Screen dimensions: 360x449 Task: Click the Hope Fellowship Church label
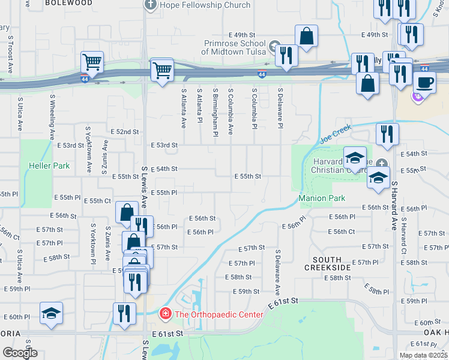[205, 5]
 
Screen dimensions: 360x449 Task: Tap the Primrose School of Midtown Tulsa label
[233, 47]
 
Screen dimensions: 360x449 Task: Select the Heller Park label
[49, 166]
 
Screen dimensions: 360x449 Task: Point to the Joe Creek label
[334, 137]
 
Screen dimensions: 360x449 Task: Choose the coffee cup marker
[424, 82]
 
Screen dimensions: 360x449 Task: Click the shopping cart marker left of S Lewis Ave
[92, 61]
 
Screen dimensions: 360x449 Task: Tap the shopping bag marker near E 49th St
[307, 35]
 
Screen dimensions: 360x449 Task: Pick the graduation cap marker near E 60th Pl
[51, 313]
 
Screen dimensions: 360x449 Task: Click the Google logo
[20, 353]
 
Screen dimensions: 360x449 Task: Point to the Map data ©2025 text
[423, 355]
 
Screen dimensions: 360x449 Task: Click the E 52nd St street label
[125, 131]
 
